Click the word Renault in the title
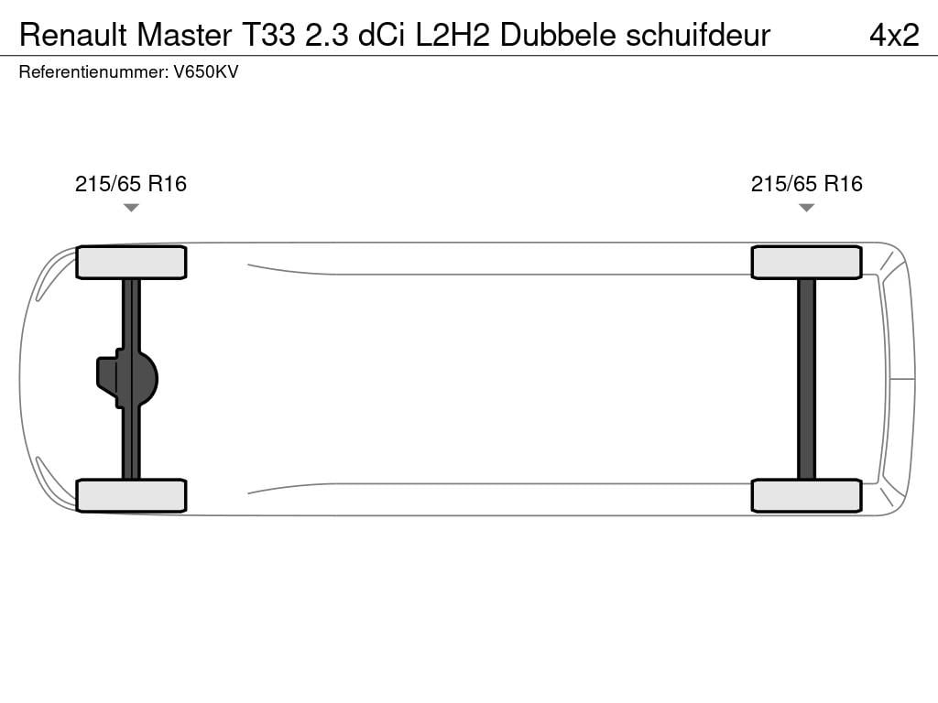coord(73,35)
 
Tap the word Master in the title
coord(185,35)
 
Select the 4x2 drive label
coord(894,35)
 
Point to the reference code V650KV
coord(206,72)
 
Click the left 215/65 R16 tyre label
coord(131,184)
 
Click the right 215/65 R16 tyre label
coord(807,184)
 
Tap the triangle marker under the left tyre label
coord(131,208)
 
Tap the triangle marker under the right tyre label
coord(806,208)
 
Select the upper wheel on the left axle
coord(131,263)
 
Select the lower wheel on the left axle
coord(131,495)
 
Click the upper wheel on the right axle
coord(806,263)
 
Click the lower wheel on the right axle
coord(806,495)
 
